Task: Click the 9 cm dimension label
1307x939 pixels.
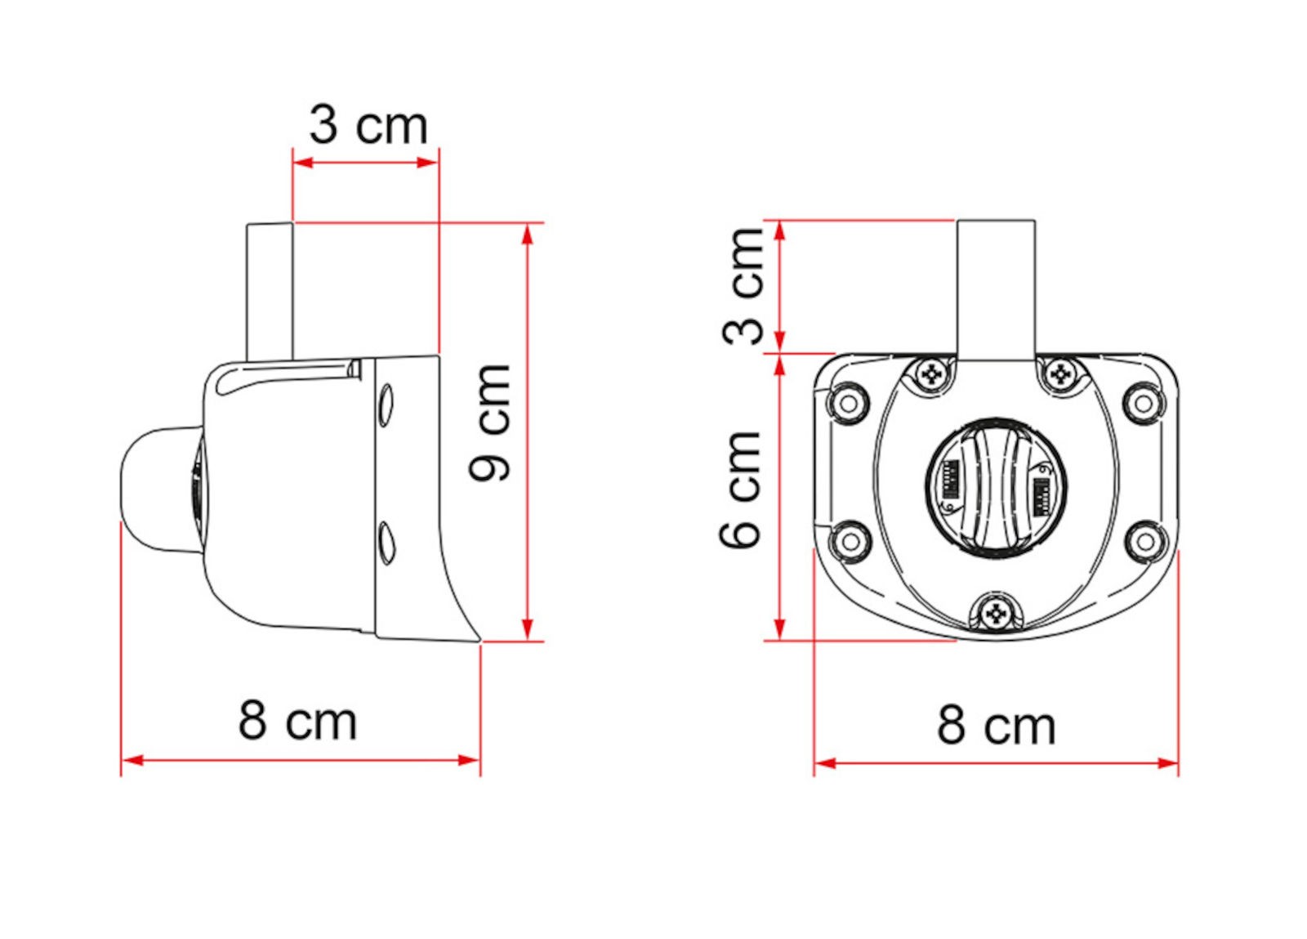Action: (x=491, y=423)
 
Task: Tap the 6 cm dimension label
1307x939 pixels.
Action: (x=740, y=490)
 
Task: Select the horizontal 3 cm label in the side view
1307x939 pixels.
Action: (x=368, y=125)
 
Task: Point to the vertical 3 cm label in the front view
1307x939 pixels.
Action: (x=743, y=286)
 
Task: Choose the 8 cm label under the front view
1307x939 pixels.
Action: (x=997, y=726)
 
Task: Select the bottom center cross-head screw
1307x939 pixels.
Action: (x=996, y=614)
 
